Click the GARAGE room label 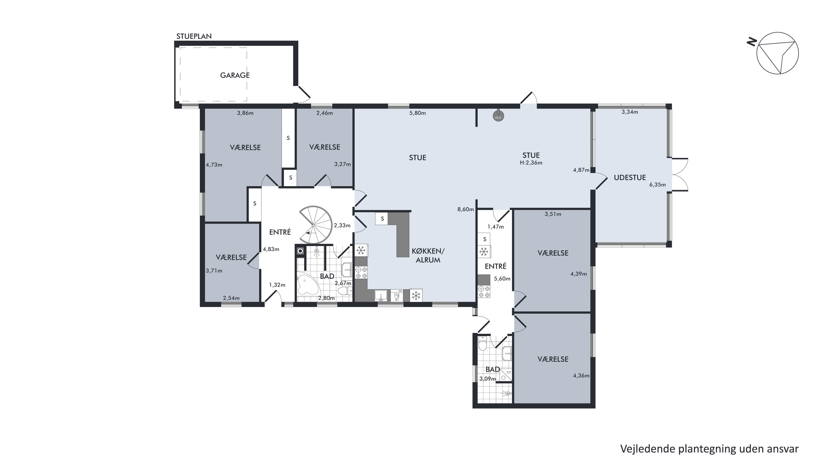235,75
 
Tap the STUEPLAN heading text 194,36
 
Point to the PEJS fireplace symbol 498,116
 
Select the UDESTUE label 630,177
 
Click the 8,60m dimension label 465,210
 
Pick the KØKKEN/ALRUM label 428,255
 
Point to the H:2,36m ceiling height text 531,163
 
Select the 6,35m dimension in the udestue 658,185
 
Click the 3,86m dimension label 245,113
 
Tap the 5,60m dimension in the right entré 502,278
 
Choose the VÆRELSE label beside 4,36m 553,359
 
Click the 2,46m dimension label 325,113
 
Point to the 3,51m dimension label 553,214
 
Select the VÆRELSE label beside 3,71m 231,257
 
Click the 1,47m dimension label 496,227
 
